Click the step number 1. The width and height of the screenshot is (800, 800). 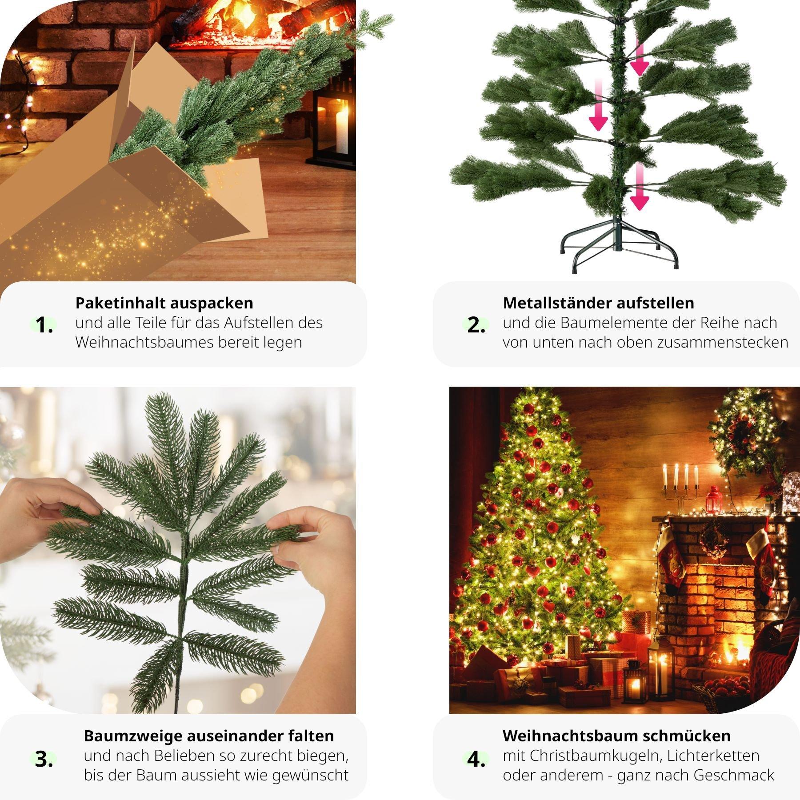(44, 325)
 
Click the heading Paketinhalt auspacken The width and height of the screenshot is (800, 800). (164, 303)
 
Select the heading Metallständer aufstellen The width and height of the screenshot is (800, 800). (598, 303)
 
